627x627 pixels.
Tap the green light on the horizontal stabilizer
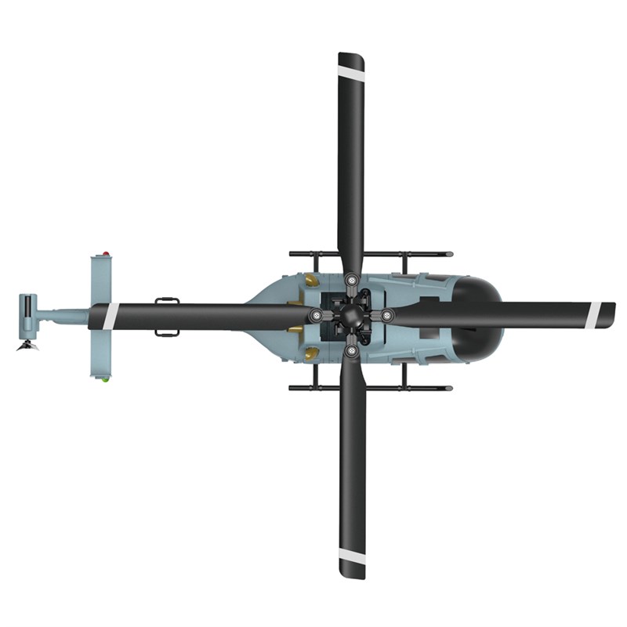[x=103, y=379]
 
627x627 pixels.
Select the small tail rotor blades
[x=28, y=346]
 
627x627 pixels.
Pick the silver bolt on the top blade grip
[x=351, y=279]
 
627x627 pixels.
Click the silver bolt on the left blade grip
[x=316, y=315]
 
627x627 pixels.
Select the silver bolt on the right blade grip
[x=387, y=315]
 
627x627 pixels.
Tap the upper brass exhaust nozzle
[x=311, y=278]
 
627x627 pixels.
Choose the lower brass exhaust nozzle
[x=311, y=352]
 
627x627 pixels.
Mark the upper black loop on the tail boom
[x=167, y=299]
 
